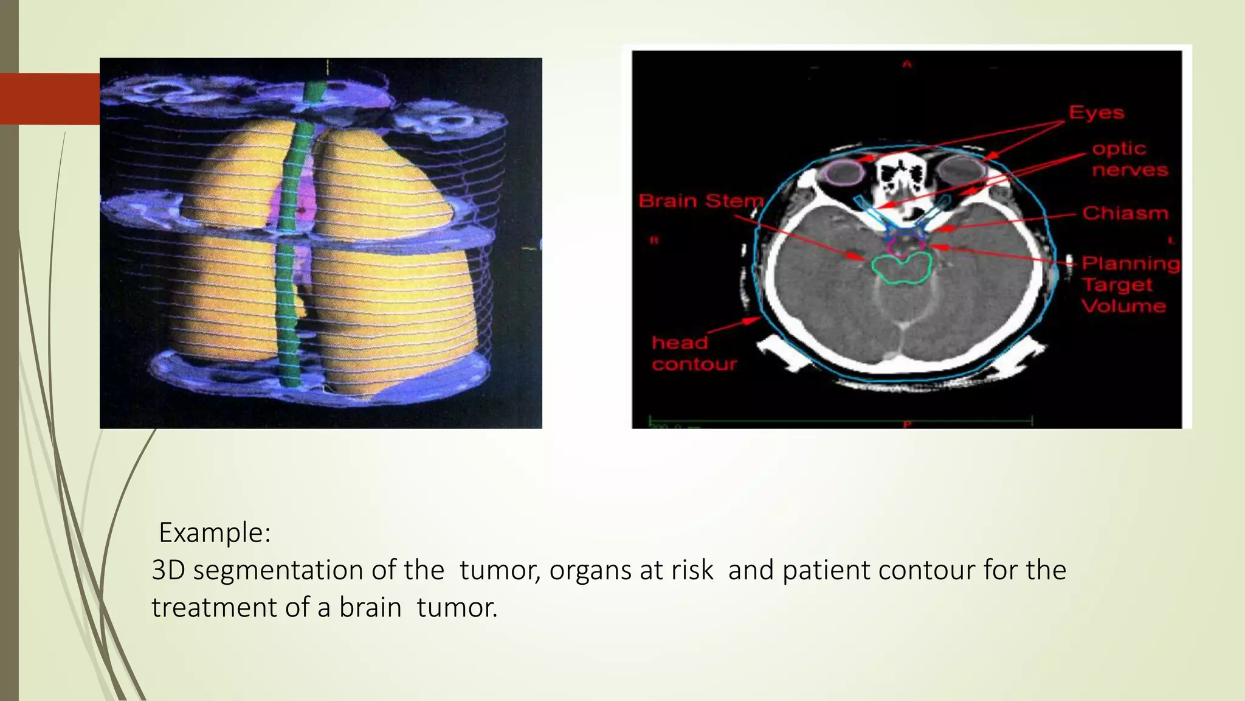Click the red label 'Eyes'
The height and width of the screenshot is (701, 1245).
[x=1096, y=113]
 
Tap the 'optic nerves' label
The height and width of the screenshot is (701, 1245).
[x=1129, y=159]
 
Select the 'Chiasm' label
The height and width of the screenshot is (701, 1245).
[x=1125, y=213]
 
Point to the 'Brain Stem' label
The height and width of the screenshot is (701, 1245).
[x=700, y=201]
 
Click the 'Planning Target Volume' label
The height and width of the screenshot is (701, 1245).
[x=1129, y=284]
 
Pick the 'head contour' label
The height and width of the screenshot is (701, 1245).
[x=694, y=354]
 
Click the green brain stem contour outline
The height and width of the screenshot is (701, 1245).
[x=902, y=268]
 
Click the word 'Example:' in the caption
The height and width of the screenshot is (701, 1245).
[x=214, y=532]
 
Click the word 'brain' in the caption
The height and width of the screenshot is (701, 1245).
[x=370, y=607]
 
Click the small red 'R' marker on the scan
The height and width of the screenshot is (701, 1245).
[x=654, y=240]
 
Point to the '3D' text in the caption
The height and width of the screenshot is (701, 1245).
[x=168, y=570]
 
